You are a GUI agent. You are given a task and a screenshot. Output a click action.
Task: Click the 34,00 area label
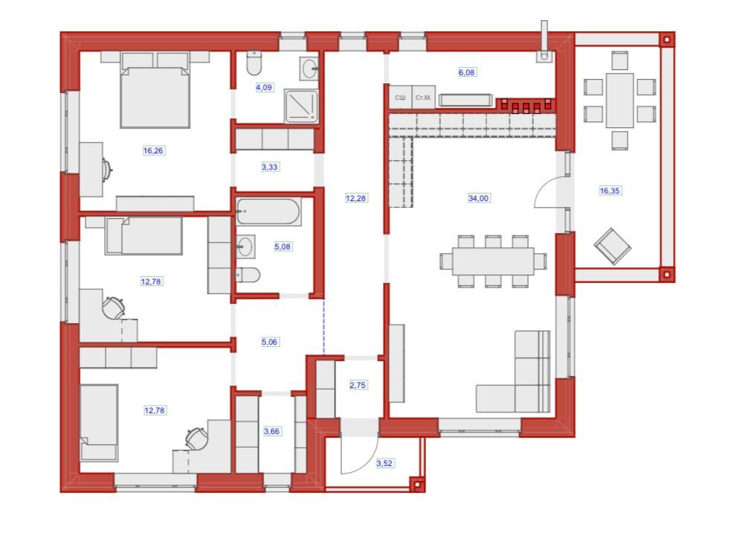coord(478,198)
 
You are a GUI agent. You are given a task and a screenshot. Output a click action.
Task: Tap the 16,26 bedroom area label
coord(153,150)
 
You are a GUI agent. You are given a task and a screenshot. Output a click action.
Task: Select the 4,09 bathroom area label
coord(264,87)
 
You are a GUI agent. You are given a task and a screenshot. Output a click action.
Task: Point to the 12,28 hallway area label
coord(355,198)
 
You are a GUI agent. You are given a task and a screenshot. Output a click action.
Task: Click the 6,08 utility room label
coord(467,72)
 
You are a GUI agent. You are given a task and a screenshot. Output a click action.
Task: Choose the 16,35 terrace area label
coord(610,191)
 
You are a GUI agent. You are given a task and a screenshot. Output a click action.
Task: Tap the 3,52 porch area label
coord(384,463)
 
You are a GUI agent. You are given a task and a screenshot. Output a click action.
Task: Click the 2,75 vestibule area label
coord(358,385)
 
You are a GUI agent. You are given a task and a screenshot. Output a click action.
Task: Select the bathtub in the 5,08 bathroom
coord(268,211)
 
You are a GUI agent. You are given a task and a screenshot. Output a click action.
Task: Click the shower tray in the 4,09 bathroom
coord(300,106)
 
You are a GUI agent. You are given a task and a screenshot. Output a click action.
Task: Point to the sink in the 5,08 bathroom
coord(245,246)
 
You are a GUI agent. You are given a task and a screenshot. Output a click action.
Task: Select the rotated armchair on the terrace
coord(612,246)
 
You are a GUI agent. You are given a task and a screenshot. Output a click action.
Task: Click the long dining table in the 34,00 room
coord(493,261)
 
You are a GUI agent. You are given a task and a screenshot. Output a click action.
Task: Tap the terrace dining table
coord(619,100)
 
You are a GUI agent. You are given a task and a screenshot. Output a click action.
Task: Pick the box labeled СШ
coord(400,98)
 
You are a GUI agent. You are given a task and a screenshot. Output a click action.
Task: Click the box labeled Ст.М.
coord(424,98)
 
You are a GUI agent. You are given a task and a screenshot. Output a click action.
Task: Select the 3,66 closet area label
coord(271,431)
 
